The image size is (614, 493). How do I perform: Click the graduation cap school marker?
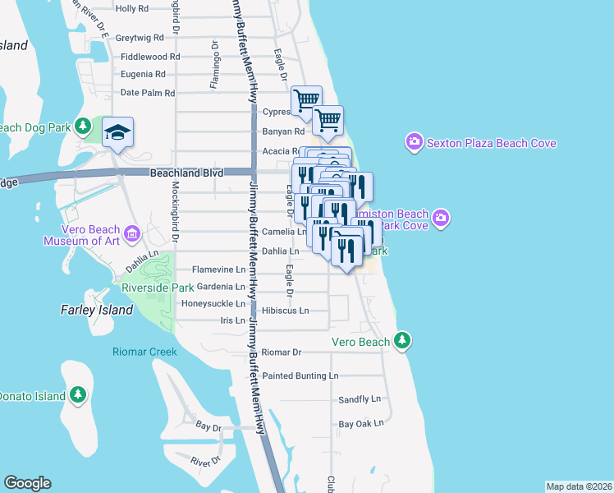(118, 131)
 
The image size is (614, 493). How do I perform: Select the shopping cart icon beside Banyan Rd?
(328, 120)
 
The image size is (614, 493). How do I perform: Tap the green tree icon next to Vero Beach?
(401, 340)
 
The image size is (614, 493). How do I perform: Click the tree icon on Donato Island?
(78, 395)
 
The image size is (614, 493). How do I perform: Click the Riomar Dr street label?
(282, 352)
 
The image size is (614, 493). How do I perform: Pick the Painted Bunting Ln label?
(300, 376)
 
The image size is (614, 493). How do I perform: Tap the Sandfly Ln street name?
(360, 399)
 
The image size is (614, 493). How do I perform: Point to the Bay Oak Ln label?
(361, 424)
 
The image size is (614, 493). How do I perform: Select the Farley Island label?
(97, 310)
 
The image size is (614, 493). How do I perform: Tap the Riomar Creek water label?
(144, 352)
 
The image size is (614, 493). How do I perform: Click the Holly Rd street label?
(131, 9)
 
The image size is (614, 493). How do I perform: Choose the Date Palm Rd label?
(148, 93)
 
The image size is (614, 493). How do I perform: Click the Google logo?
(27, 483)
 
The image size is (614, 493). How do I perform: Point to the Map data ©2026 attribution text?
(578, 486)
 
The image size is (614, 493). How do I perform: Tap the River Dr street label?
(203, 462)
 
